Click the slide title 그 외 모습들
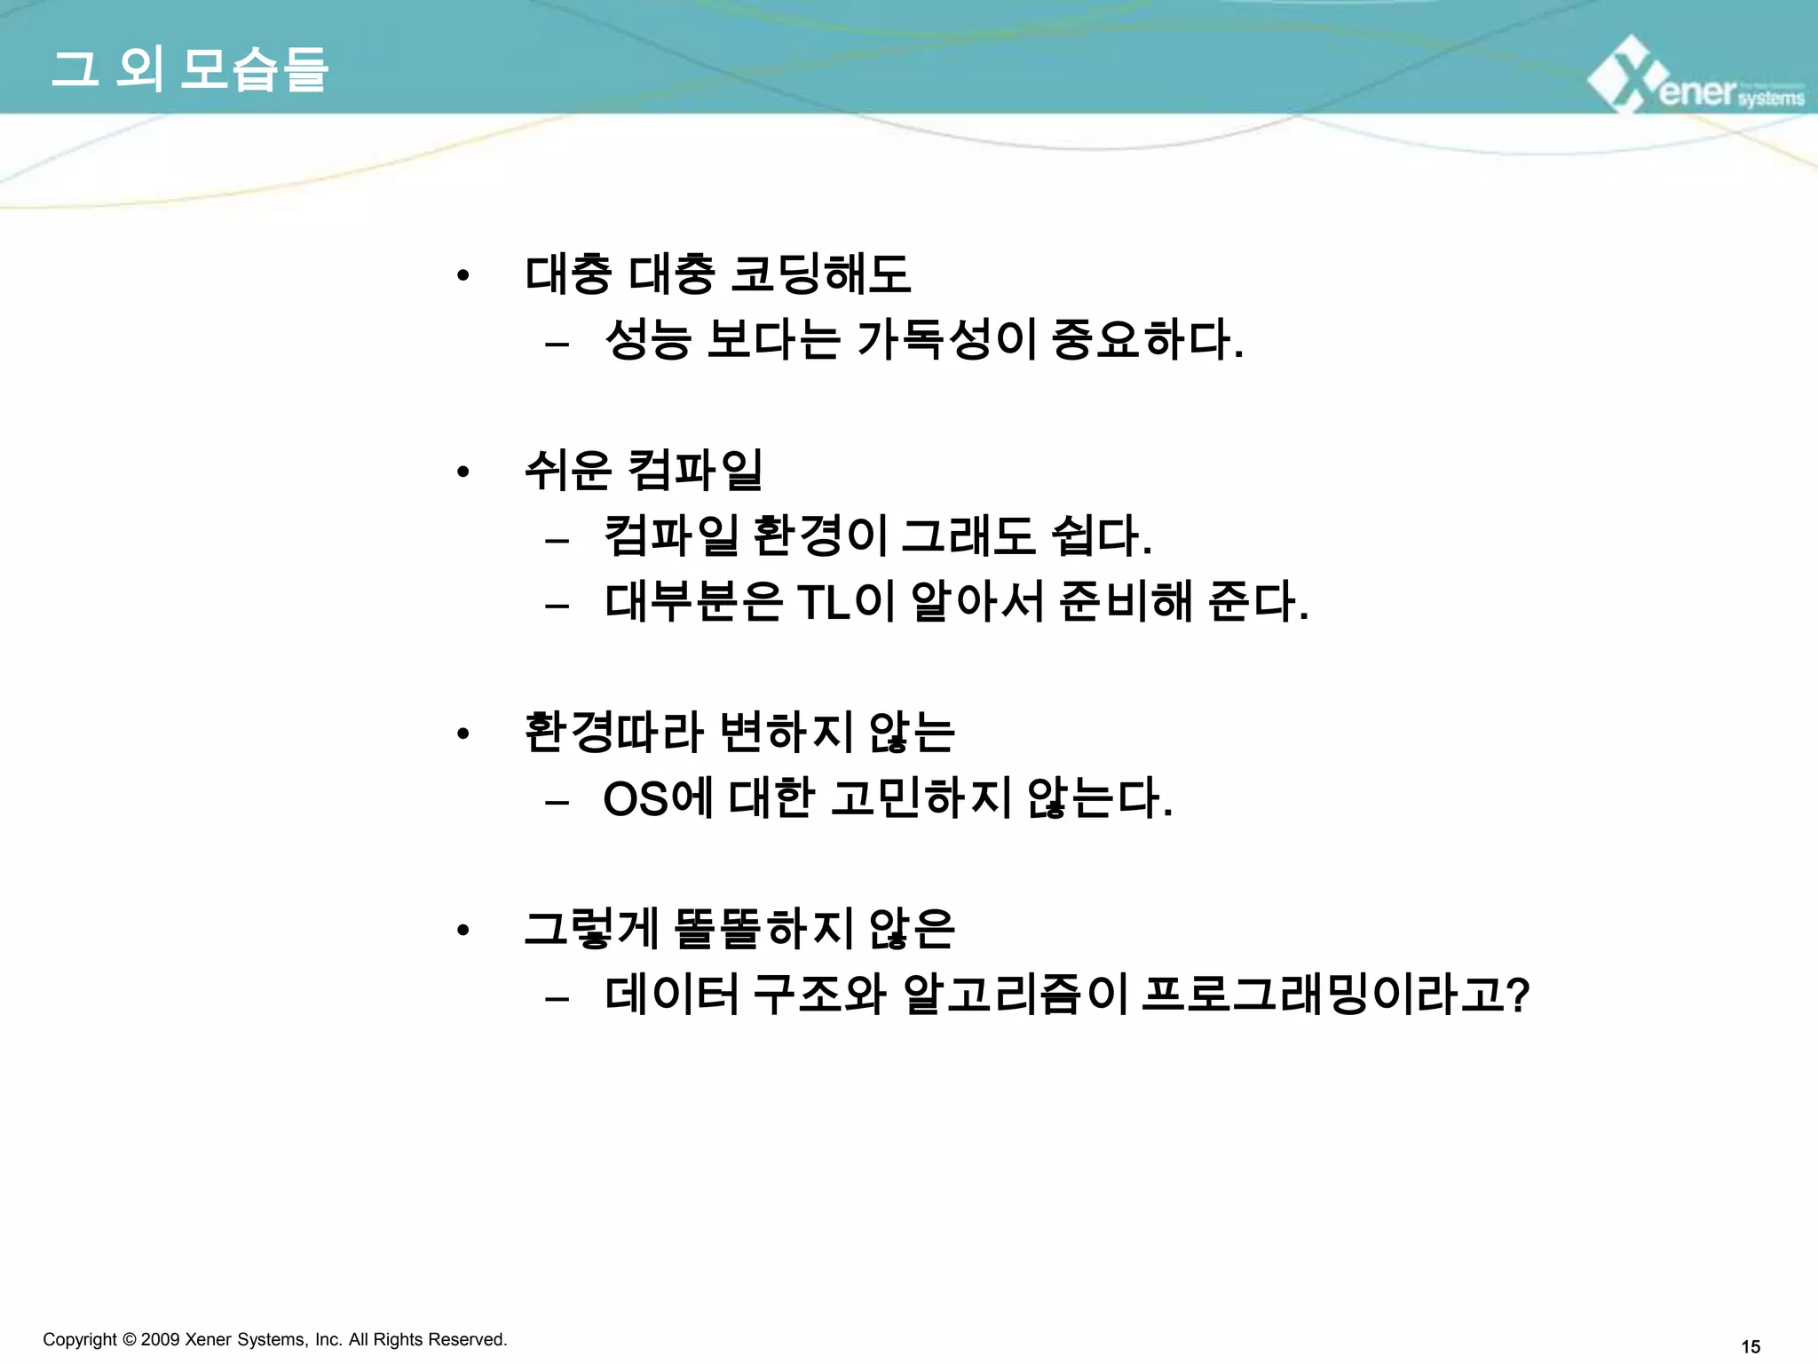pyautogui.click(x=190, y=69)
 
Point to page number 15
pyautogui.click(x=1751, y=1347)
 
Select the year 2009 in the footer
pyautogui.click(x=160, y=1339)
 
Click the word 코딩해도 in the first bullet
pyautogui.click(x=821, y=274)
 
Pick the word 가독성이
pyautogui.click(x=946, y=339)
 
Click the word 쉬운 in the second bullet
pyautogui.click(x=568, y=470)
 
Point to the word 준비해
pyautogui.click(x=1126, y=602)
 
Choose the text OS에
pyautogui.click(x=658, y=798)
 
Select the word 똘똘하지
pyautogui.click(x=763, y=929)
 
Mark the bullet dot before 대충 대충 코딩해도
pyautogui.click(x=462, y=276)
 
